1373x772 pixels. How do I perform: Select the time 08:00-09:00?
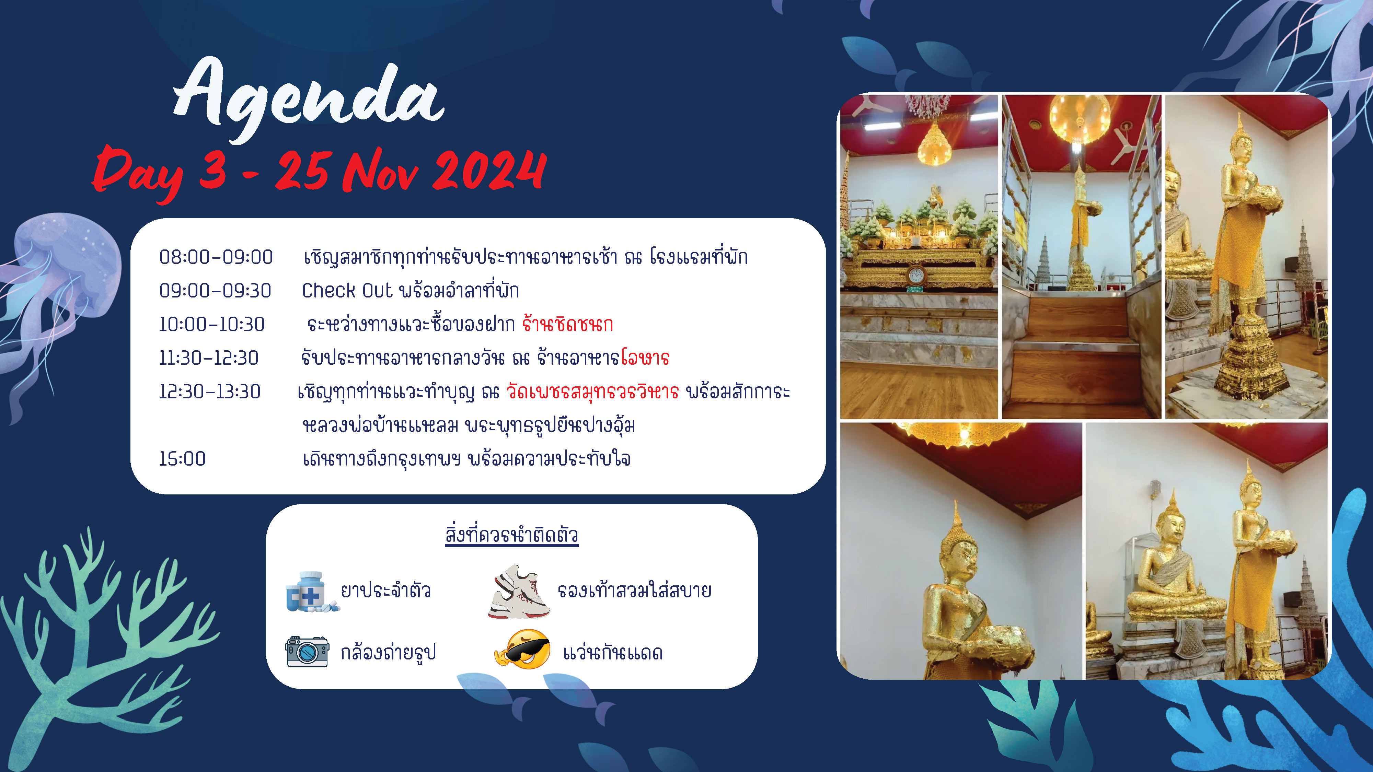click(x=216, y=257)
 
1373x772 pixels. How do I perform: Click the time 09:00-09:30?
click(x=215, y=291)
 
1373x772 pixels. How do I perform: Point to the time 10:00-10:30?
click(x=211, y=325)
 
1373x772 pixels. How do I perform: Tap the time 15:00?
click(x=182, y=459)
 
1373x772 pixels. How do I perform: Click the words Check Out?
click(x=347, y=291)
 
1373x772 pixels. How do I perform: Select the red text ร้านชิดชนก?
click(x=568, y=324)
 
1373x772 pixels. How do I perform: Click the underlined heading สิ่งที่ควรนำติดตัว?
click(x=512, y=534)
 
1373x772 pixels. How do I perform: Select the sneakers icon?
click(x=519, y=592)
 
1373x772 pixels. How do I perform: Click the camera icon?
click(x=307, y=652)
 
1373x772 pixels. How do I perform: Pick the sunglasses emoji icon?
click(x=523, y=650)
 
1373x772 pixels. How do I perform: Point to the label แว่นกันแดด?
click(x=613, y=653)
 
